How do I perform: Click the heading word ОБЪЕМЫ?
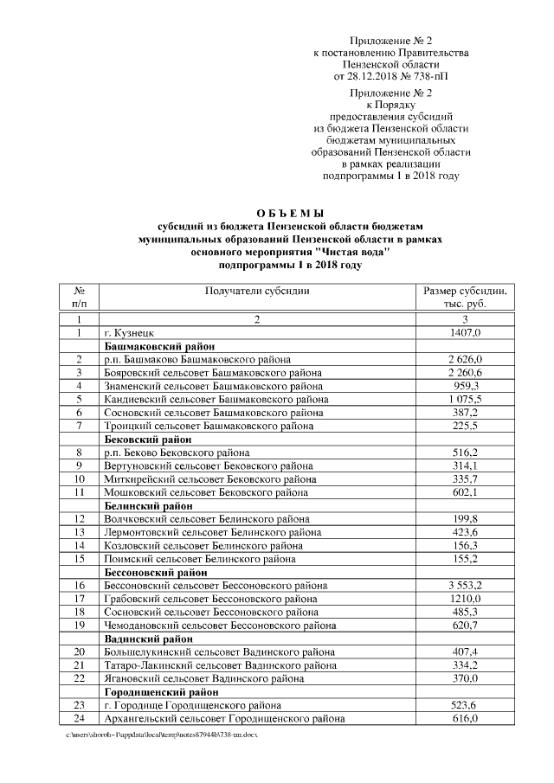tap(290, 212)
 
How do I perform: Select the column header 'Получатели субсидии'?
tap(256, 292)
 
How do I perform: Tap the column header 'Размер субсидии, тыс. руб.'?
tap(464, 298)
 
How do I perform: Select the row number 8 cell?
tap(79, 452)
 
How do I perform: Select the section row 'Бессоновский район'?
tap(156, 573)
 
